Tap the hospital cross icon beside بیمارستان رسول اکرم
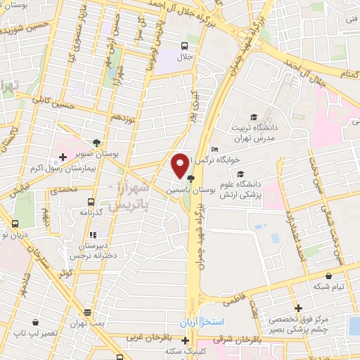(63, 156)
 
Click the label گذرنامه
(92, 212)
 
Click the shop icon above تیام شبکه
(328, 276)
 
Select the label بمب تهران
(87, 321)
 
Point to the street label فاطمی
(238, 299)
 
